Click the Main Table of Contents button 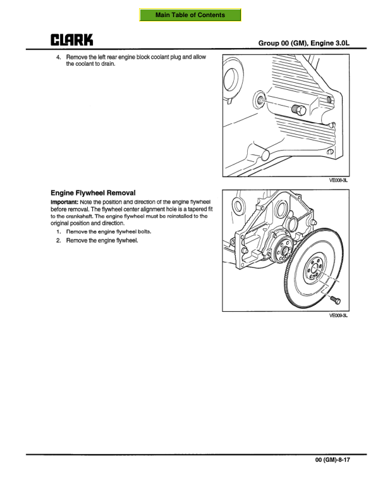[x=190, y=15]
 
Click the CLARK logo [x=72, y=40]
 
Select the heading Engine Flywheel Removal [x=93, y=192]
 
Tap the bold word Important [x=64, y=201]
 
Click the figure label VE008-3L [x=338, y=180]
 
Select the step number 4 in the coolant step [x=59, y=57]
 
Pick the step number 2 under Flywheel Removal [x=59, y=240]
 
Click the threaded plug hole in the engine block [x=259, y=99]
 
